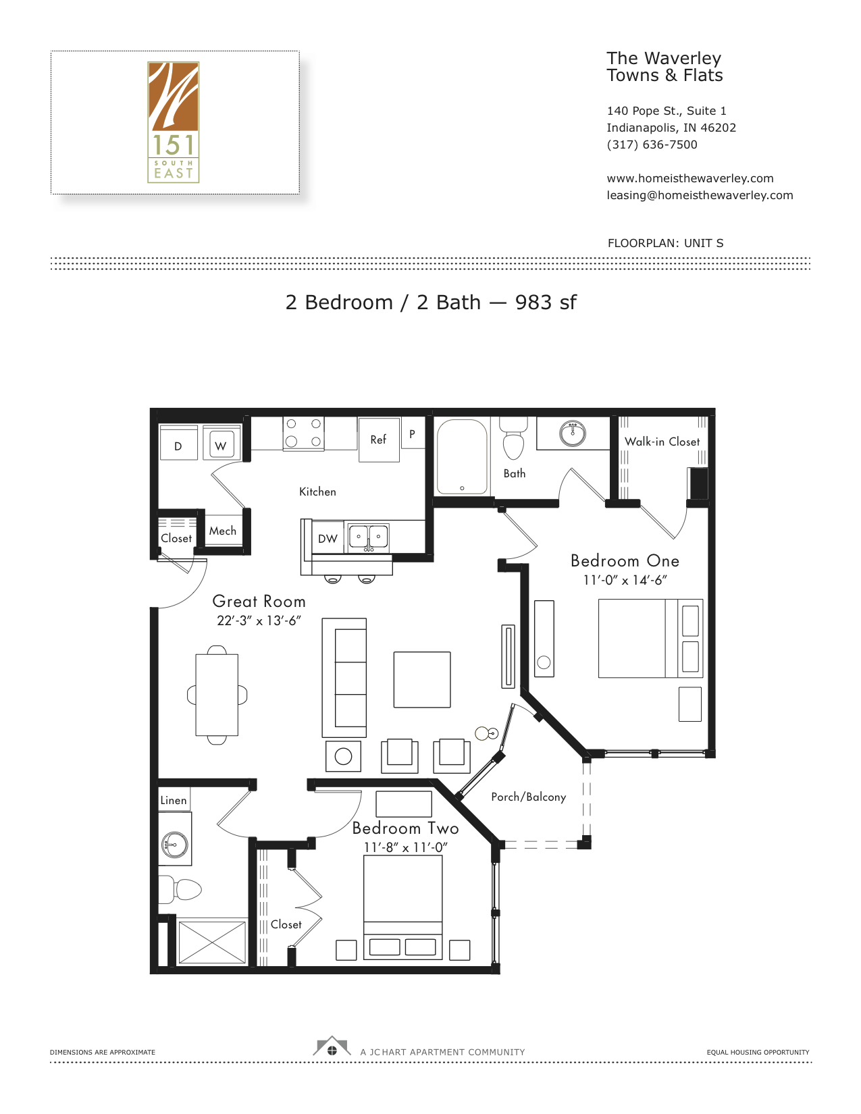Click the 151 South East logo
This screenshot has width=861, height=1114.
[174, 122]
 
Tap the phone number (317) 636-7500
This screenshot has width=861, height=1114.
[652, 144]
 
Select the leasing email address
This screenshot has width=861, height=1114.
[700, 195]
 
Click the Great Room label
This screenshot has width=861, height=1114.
[259, 602]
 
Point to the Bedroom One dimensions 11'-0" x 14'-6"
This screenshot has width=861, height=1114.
[625, 580]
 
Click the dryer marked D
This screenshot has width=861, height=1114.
[178, 443]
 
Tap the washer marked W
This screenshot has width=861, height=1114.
[221, 443]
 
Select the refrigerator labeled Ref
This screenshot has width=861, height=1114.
[379, 440]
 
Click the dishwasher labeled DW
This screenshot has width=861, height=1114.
[328, 538]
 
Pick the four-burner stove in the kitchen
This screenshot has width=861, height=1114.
[304, 433]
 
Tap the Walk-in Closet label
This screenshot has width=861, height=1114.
[662, 442]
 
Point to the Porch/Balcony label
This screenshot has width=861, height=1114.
[529, 797]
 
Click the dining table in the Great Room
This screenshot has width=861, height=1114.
[217, 695]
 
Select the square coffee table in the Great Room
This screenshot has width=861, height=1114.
[422, 680]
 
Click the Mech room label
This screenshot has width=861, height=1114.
[223, 531]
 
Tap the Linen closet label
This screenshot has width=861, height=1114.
[174, 800]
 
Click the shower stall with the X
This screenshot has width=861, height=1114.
[212, 943]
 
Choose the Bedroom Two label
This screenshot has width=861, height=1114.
[405, 828]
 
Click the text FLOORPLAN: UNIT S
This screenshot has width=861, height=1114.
[666, 243]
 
